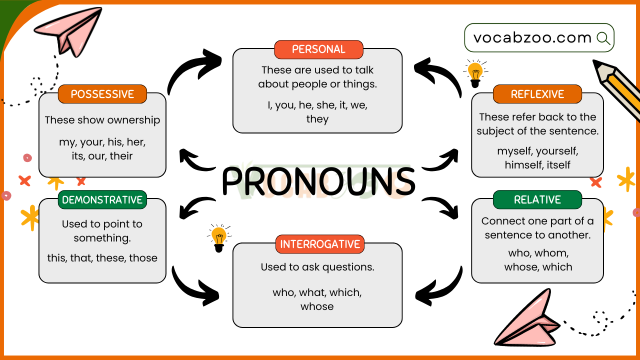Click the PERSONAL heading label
coord(318,49)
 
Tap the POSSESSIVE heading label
coord(102,94)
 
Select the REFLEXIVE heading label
coord(537,94)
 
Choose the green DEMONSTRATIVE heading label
coord(102,199)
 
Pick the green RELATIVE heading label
coord(537,199)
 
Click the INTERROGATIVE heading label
coord(320,244)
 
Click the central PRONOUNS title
coord(318,181)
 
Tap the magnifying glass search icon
coord(603,38)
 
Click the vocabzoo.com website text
coord(532,37)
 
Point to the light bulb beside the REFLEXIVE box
coord(475,73)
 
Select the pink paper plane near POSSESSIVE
coord(68,31)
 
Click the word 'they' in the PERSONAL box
coord(317,119)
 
